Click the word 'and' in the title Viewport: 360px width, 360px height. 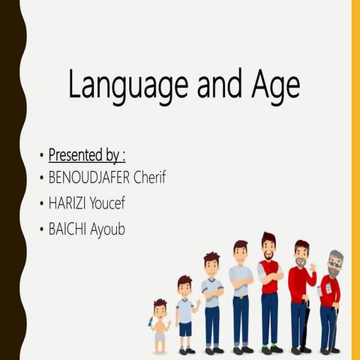(x=218, y=85)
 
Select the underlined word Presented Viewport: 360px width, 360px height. (x=75, y=156)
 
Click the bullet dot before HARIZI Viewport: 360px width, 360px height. (x=41, y=204)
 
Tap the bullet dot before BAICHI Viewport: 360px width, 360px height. (x=41, y=229)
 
